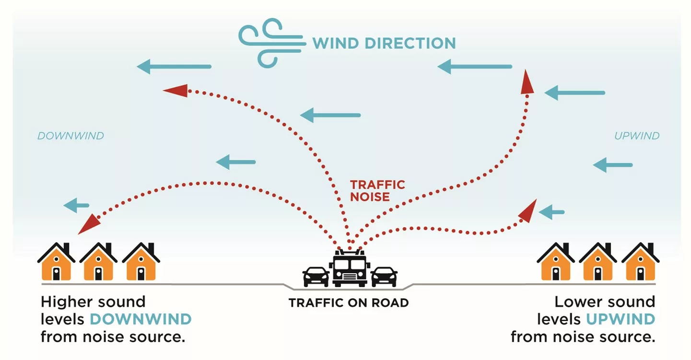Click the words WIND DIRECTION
384,43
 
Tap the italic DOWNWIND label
70,136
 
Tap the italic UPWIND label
637,136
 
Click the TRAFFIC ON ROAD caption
349,303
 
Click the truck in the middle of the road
349,269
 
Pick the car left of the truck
316,276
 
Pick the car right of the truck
384,276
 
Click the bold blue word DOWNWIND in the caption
141,319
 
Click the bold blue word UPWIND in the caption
620,319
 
